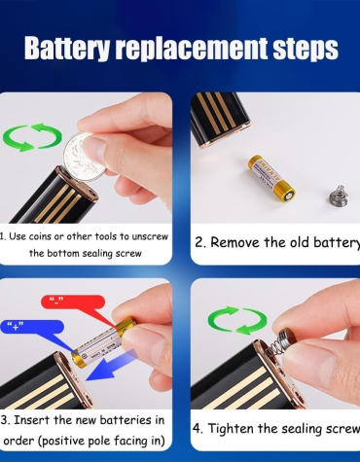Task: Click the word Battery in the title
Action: tap(67, 48)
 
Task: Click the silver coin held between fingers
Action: tap(85, 157)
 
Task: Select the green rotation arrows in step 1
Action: tap(32, 137)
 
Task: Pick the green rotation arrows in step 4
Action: tap(237, 320)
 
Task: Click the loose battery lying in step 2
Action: tap(271, 177)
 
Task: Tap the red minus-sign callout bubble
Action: tap(73, 302)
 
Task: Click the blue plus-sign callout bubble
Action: tap(32, 327)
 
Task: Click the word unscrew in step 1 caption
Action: tap(150, 236)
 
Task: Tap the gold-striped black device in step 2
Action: tap(219, 118)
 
